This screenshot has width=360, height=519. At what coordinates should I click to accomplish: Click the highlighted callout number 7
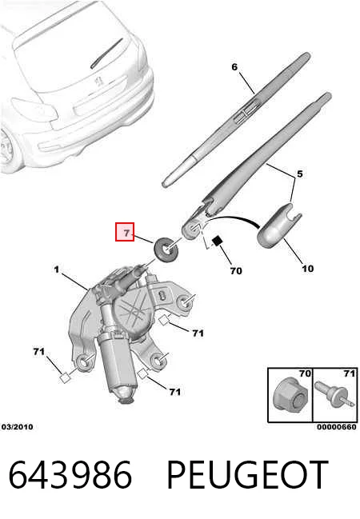[125, 232]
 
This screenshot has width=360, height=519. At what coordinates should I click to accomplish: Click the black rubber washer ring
[166, 249]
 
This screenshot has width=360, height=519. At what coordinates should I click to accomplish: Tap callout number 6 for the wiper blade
[234, 67]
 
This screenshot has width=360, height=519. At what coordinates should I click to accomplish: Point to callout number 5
[300, 174]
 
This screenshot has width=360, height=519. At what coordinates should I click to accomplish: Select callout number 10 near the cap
[308, 269]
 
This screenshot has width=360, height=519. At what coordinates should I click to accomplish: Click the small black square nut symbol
[216, 241]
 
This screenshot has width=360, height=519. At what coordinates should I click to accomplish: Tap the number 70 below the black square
[236, 271]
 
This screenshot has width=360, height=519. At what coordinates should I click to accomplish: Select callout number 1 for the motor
[57, 269]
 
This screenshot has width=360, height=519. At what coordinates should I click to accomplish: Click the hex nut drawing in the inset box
[290, 396]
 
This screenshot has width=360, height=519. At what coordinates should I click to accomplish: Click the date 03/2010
[18, 427]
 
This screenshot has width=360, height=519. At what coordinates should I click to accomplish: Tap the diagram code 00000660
[337, 427]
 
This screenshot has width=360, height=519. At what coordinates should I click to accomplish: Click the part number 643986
[70, 475]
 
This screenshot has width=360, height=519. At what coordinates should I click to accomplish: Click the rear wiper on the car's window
[106, 53]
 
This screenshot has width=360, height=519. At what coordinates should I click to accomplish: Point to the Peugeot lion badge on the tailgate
[98, 81]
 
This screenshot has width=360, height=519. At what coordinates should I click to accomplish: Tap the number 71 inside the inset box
[350, 373]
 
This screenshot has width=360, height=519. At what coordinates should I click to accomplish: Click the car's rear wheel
[7, 149]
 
